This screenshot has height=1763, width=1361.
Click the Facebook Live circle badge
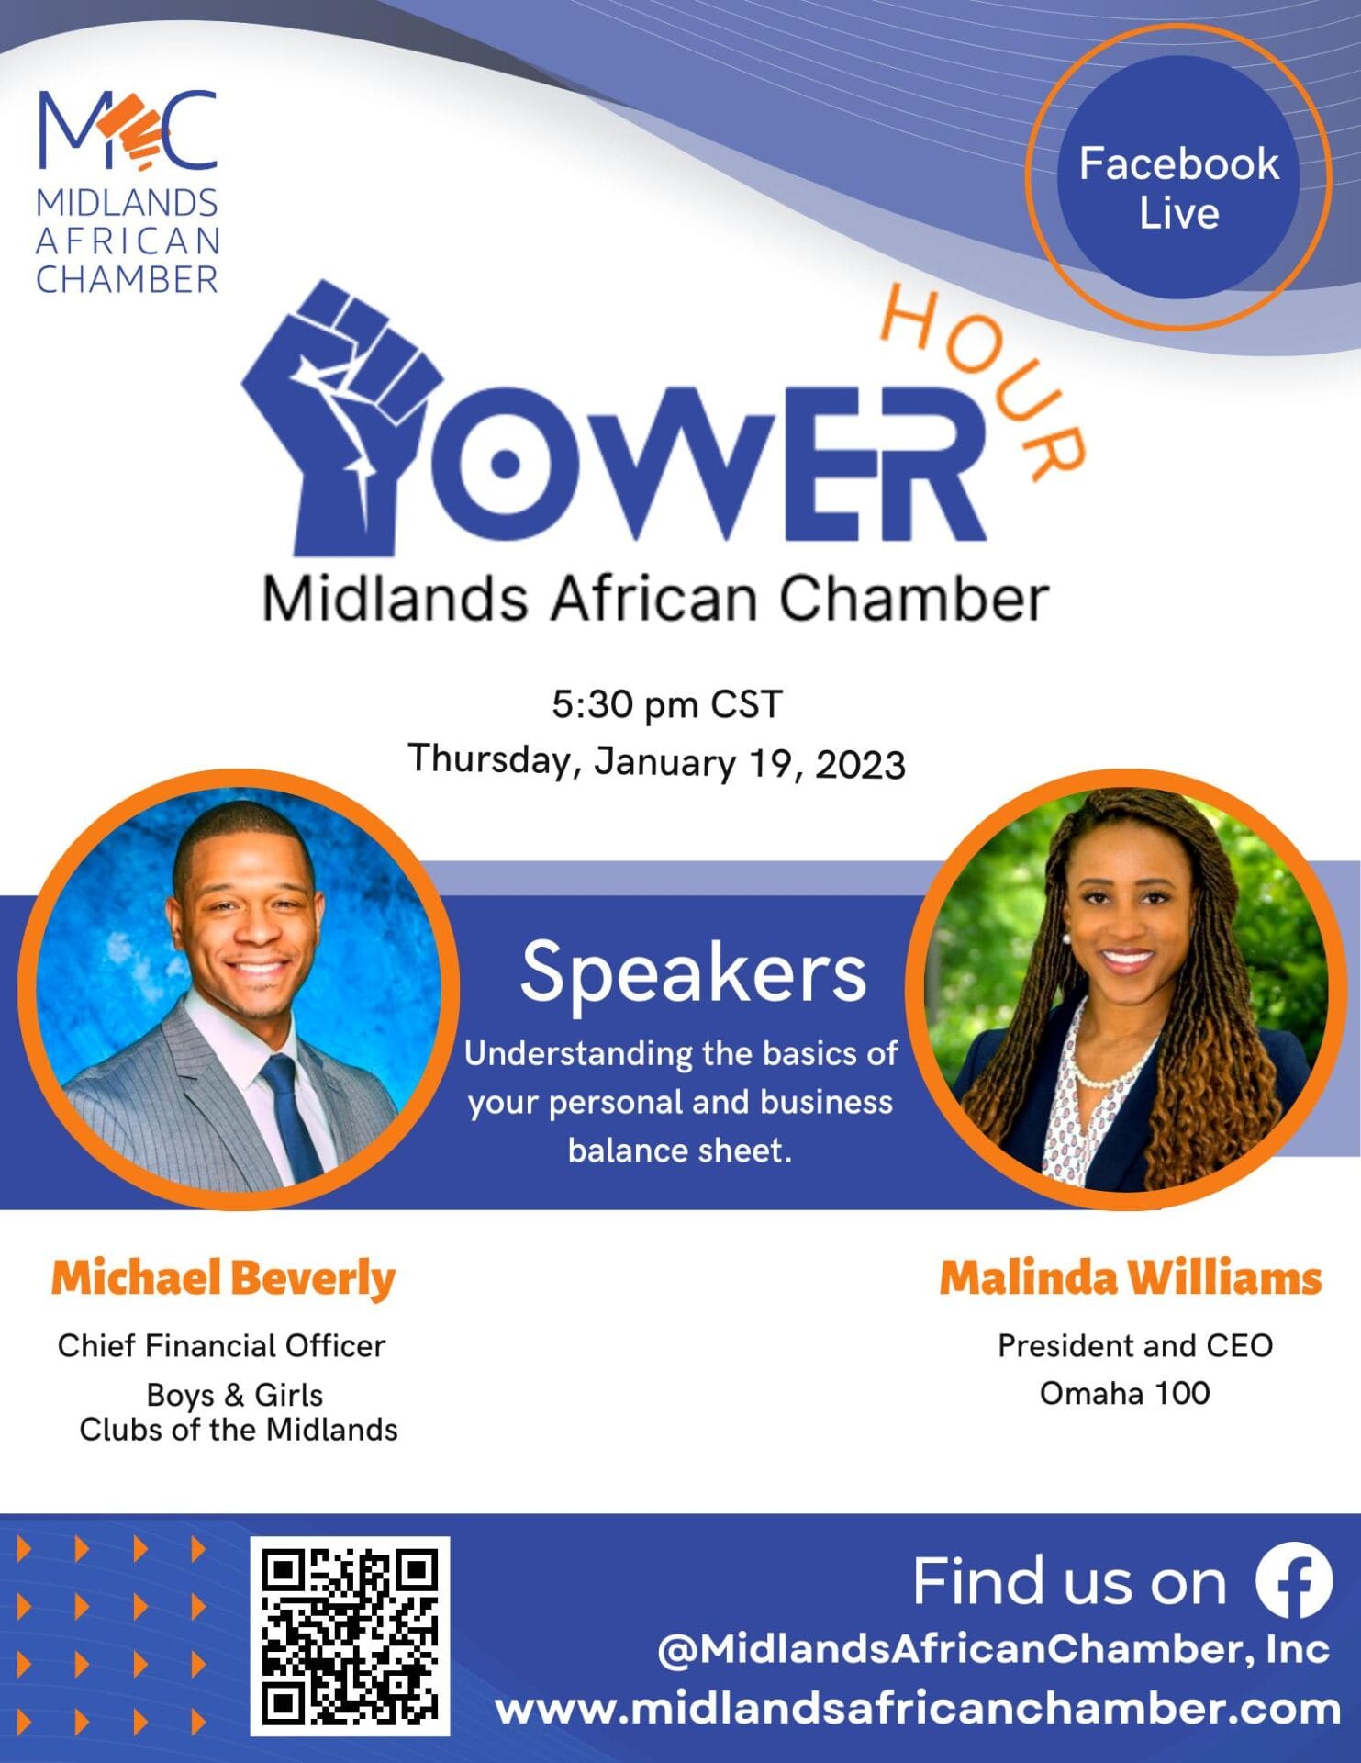tap(1178, 177)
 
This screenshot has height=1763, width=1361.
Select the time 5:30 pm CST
tap(667, 704)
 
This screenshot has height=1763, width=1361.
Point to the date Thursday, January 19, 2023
tap(657, 761)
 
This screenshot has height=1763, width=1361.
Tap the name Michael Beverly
tap(223, 1278)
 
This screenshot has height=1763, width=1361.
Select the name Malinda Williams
tap(1131, 1277)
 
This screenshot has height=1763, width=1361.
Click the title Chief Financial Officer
tap(221, 1346)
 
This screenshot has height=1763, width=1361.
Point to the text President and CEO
tap(1135, 1346)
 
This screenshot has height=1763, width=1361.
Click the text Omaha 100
tap(1124, 1394)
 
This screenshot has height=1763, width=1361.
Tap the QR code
tap(350, 1635)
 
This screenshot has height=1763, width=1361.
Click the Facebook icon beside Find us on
tap(1294, 1580)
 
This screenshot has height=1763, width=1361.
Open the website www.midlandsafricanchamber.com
tap(918, 1709)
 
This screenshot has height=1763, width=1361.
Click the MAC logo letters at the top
tap(128, 129)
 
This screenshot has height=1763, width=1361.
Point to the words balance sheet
tap(680, 1151)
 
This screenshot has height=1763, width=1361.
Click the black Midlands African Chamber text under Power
tap(655, 599)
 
